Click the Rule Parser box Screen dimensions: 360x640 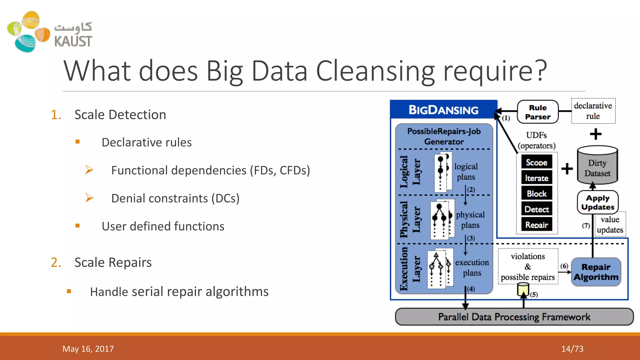click(537, 112)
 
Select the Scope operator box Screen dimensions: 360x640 click(537, 162)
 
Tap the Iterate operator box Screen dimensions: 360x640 click(537, 178)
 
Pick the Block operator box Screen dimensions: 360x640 click(537, 193)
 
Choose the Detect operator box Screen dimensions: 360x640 click(537, 209)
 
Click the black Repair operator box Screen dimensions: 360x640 click(537, 225)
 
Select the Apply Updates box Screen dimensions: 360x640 click(597, 202)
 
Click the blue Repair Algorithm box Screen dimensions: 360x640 click(596, 272)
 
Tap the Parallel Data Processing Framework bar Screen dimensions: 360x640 click(514, 317)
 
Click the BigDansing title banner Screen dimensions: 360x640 click(443, 110)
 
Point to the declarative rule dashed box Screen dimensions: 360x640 click(593, 111)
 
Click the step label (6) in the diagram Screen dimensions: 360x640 click(564, 266)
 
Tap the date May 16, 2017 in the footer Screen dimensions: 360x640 click(88, 349)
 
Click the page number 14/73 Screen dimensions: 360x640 click(572, 349)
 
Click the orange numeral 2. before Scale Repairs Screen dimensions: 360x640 click(56, 262)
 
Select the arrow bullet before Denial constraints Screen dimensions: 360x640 click(89, 198)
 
